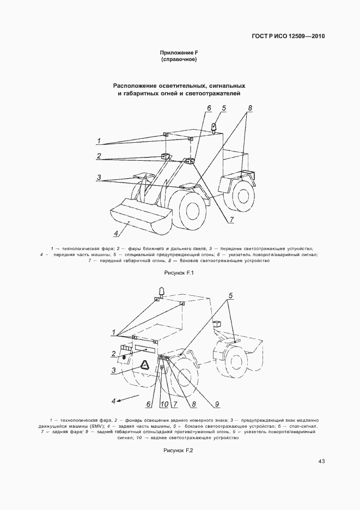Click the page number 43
click(x=321, y=462)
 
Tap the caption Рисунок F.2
click(x=179, y=451)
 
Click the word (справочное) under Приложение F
click(x=179, y=59)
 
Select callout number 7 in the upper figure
click(x=231, y=220)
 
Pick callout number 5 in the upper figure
click(x=223, y=108)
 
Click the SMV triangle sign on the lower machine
click(x=145, y=366)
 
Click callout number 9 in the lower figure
click(x=216, y=404)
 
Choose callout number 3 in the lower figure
click(x=113, y=371)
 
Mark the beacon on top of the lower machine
click(x=161, y=290)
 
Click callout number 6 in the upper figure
click(x=208, y=107)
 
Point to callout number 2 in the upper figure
click(x=99, y=156)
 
